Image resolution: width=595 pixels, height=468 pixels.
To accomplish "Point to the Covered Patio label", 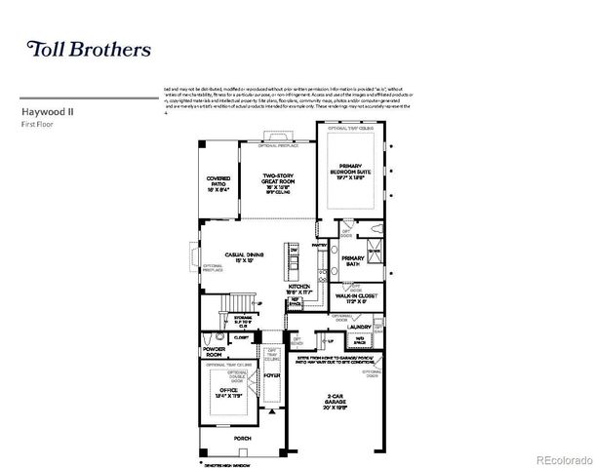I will point(218,183).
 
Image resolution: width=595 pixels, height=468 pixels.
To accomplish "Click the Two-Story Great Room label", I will point(278,181).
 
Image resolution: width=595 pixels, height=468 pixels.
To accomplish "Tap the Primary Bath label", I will point(352,261).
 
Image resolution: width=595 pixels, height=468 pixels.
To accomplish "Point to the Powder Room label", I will point(214,350).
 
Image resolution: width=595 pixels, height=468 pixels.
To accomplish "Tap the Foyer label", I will point(271,372).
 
